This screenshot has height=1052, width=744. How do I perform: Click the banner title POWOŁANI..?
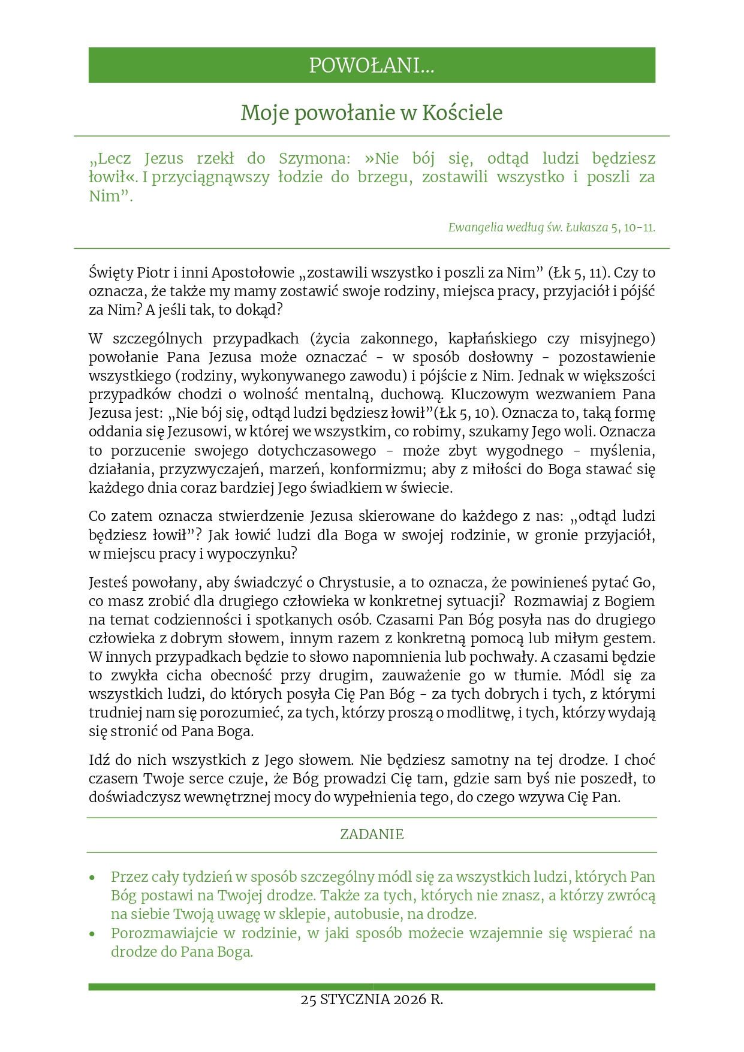tap(371, 65)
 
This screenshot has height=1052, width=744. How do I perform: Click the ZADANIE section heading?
tap(372, 834)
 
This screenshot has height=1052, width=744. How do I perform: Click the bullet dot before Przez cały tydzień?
tap(92, 878)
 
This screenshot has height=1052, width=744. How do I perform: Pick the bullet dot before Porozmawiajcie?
tap(92, 934)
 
